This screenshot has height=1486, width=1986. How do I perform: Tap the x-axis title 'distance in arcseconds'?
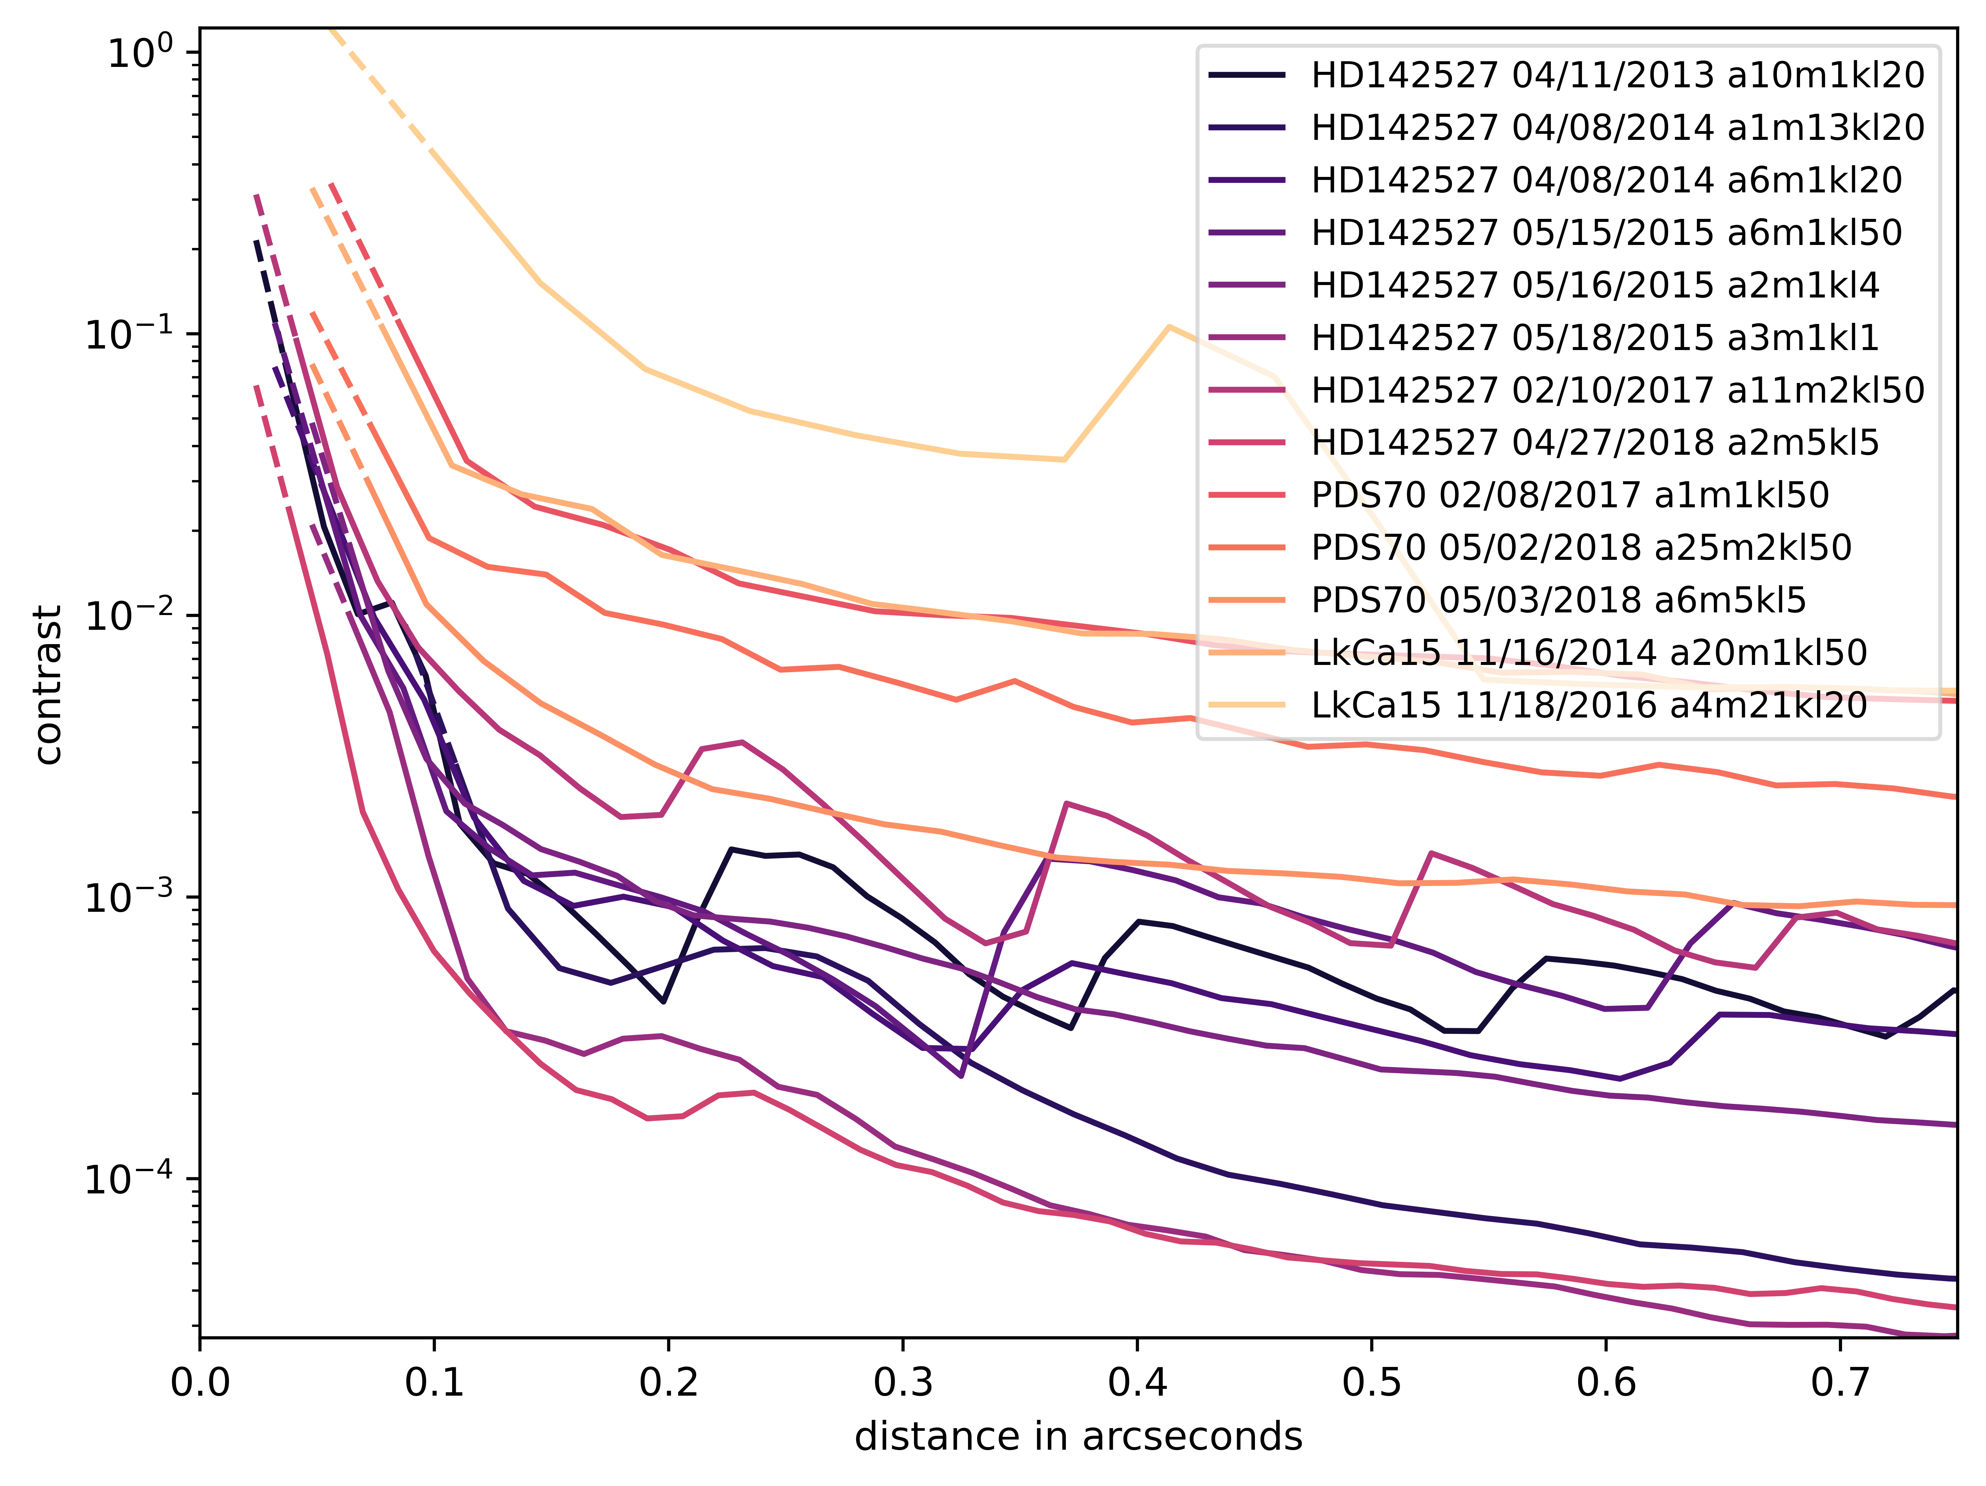1078,1436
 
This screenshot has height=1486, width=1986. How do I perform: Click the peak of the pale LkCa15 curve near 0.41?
1168,326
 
